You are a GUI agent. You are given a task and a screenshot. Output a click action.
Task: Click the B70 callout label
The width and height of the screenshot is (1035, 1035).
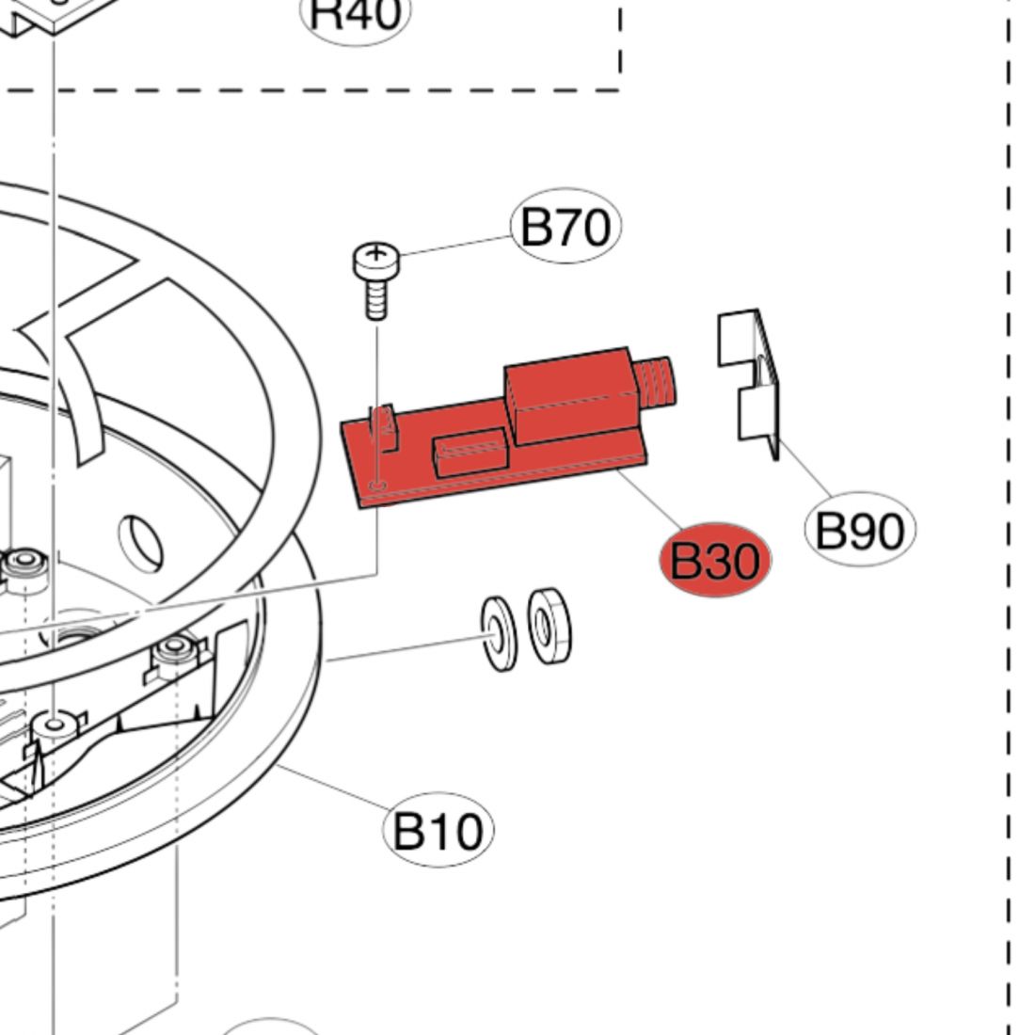(x=565, y=228)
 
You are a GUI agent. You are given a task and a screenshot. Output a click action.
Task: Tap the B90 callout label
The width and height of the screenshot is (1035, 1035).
(x=860, y=531)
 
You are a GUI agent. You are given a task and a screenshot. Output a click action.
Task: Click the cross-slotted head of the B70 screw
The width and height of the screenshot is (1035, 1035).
(x=376, y=255)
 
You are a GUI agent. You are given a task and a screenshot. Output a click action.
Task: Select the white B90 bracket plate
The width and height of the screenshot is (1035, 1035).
(x=750, y=376)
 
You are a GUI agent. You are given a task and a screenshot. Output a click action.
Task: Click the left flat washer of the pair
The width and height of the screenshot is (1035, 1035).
(x=498, y=632)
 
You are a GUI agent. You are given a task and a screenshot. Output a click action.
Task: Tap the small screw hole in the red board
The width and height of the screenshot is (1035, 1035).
(x=378, y=486)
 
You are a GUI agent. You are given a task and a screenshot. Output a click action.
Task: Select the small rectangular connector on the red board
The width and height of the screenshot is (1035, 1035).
(x=468, y=454)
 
